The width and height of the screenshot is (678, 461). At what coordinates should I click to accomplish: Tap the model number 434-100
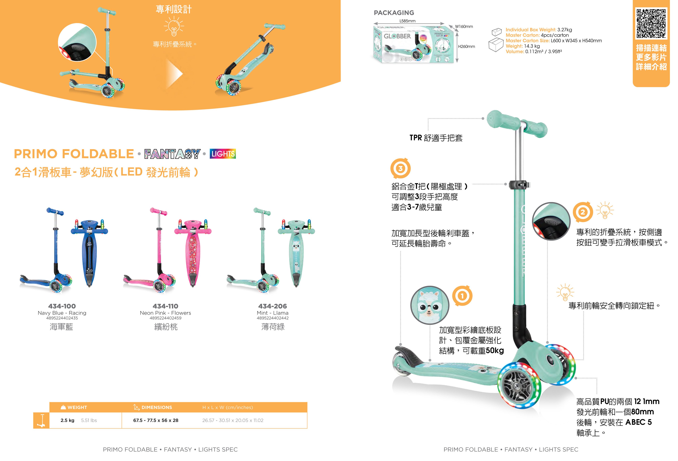[62, 306]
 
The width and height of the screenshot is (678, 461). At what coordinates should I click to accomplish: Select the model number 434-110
[165, 306]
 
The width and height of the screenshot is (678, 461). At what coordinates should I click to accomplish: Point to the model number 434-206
[273, 306]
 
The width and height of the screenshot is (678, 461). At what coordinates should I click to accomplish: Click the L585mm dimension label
[407, 21]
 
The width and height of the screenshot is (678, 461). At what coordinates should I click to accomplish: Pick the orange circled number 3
[400, 168]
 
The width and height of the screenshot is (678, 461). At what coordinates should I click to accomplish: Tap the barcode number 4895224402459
[165, 318]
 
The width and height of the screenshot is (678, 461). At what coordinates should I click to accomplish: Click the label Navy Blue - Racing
[62, 313]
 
